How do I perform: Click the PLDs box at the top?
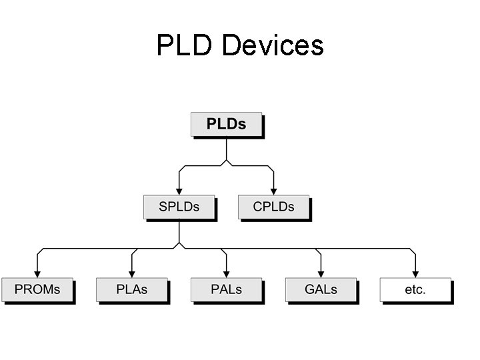pyautogui.click(x=226, y=124)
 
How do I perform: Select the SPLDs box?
pyautogui.click(x=179, y=207)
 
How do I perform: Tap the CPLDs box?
pyautogui.click(x=273, y=207)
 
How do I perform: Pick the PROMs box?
pyautogui.click(x=37, y=289)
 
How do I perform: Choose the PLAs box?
pyautogui.click(x=131, y=289)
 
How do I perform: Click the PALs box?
pyautogui.click(x=226, y=289)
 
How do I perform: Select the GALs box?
pyautogui.click(x=321, y=289)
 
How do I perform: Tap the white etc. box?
pyautogui.click(x=415, y=289)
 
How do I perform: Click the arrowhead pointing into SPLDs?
pyautogui.click(x=179, y=191)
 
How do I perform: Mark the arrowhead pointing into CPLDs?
pyautogui.click(x=273, y=191)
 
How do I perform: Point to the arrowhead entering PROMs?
pyautogui.click(x=37, y=274)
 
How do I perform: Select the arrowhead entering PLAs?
pyautogui.click(x=131, y=274)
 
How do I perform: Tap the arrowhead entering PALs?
pyautogui.click(x=226, y=274)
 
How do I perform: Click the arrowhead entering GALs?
pyautogui.click(x=321, y=274)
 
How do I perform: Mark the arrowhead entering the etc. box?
pyautogui.click(x=415, y=274)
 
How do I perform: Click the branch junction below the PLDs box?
pyautogui.click(x=226, y=163)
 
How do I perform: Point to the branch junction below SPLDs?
pyautogui.click(x=179, y=246)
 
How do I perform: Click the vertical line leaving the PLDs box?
pyautogui.click(x=226, y=148)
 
